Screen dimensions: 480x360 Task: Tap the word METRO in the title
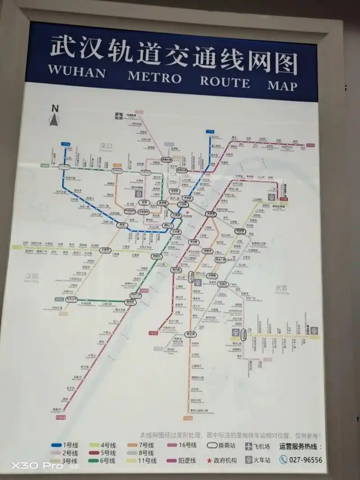(154, 77)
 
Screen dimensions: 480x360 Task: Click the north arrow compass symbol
(55, 116)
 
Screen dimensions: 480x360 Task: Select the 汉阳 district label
(32, 276)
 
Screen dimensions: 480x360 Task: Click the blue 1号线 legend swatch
(56, 445)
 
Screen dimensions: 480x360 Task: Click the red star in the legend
(209, 461)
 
